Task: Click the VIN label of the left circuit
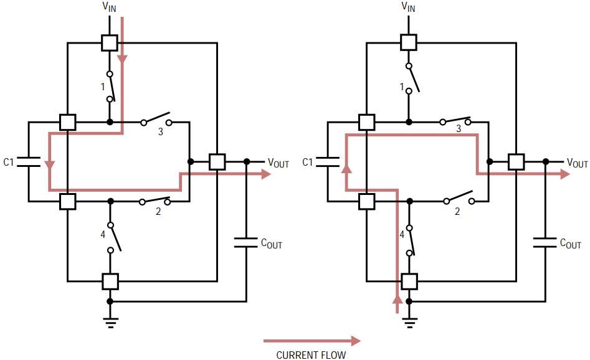[x=110, y=7]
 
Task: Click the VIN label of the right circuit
[x=408, y=7]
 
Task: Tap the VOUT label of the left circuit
[x=278, y=163]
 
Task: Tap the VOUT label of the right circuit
[x=577, y=163]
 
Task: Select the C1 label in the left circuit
[x=8, y=162]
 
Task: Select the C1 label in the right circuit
[x=307, y=162]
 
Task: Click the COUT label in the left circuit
[x=271, y=244]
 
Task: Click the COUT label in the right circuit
[x=571, y=244]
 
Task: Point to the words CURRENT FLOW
[x=311, y=355]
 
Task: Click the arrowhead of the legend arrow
[x=356, y=341]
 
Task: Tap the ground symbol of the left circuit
[x=110, y=323]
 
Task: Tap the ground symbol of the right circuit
[x=409, y=323]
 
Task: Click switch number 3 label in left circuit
[x=161, y=132]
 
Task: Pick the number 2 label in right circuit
[x=457, y=212]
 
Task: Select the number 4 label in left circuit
[x=103, y=235]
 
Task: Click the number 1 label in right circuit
[x=402, y=87]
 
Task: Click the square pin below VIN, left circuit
[x=110, y=43]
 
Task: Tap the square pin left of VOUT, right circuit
[x=516, y=162]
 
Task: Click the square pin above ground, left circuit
[x=110, y=282]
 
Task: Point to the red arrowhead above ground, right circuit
[x=397, y=300]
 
